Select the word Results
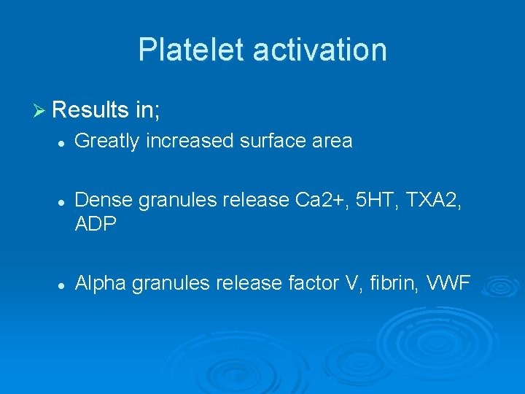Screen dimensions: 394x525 tap(91, 110)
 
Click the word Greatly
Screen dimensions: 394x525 tap(107, 141)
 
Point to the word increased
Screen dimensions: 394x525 tap(190, 141)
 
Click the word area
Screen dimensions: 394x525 tap(332, 141)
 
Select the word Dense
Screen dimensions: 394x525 tap(104, 201)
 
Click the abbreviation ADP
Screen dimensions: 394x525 tap(96, 224)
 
